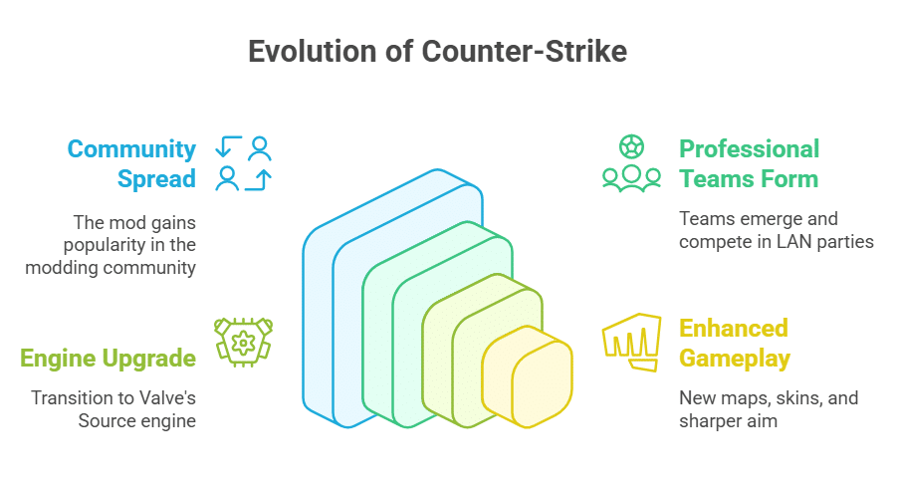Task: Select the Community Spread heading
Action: (x=131, y=163)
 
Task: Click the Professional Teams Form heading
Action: (x=749, y=163)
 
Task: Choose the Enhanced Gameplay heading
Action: (x=734, y=343)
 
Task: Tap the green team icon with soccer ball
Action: (x=631, y=163)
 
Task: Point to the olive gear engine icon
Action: (x=244, y=341)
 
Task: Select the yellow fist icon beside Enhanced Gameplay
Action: (x=631, y=342)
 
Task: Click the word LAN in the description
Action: (x=786, y=241)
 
